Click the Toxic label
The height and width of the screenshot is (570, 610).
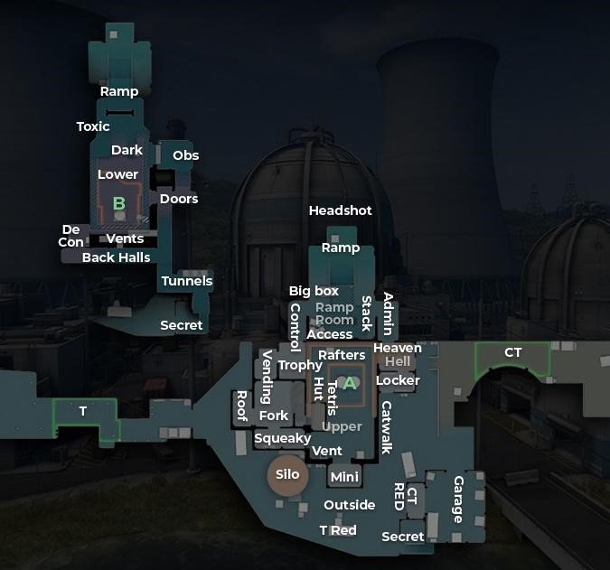click(93, 126)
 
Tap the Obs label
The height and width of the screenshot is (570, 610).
click(185, 155)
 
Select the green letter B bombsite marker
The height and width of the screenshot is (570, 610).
click(118, 203)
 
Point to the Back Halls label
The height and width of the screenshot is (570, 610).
click(117, 257)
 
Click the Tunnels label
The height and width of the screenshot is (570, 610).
click(187, 281)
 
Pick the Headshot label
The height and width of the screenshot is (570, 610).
click(340, 210)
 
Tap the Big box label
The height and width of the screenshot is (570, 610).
click(314, 291)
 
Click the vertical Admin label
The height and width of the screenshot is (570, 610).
click(389, 314)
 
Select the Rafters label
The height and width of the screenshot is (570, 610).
click(342, 355)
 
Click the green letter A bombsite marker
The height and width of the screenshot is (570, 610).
click(350, 383)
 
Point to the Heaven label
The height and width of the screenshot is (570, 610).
click(397, 348)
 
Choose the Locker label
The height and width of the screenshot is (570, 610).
click(398, 380)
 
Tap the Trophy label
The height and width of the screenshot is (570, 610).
click(299, 365)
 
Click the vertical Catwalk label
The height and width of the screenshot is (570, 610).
click(387, 427)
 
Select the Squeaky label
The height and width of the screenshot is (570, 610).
click(282, 438)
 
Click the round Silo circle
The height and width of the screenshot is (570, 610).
click(287, 475)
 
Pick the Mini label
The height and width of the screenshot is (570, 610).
click(344, 476)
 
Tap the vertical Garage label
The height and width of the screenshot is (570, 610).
click(458, 499)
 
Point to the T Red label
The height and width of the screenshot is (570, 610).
click(338, 530)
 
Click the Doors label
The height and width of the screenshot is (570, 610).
click(179, 199)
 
